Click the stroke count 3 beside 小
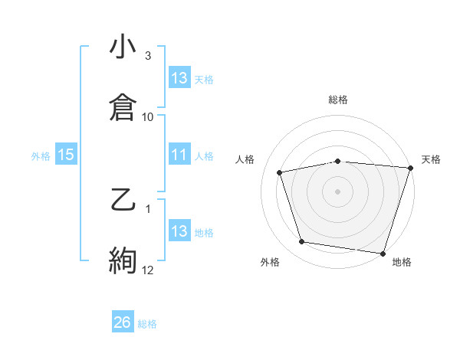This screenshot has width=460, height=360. [148, 56]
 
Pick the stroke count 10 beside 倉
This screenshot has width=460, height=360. [148, 116]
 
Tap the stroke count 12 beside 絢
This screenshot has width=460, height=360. [148, 270]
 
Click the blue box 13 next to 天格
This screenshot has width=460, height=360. [179, 77]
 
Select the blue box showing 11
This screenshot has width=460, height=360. [179, 155]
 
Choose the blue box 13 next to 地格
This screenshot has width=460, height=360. [179, 231]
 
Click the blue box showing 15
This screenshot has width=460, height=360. [66, 155]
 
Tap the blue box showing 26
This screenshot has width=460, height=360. [123, 322]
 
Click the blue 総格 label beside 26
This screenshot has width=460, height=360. [147, 324]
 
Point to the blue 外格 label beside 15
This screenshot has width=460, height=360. [41, 155]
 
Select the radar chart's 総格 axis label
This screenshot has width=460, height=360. [338, 100]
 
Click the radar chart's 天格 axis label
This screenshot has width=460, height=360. [432, 159]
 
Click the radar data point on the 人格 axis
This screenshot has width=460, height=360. [281, 172]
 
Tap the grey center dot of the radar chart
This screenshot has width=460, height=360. [338, 191]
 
